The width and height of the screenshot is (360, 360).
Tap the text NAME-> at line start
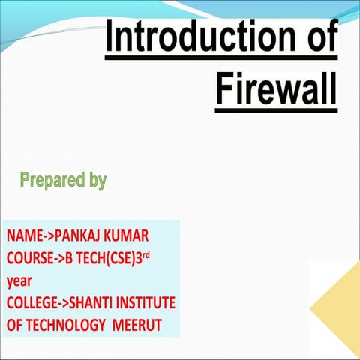30,236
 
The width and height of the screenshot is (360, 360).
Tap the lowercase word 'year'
19,282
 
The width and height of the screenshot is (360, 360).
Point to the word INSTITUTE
149,304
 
